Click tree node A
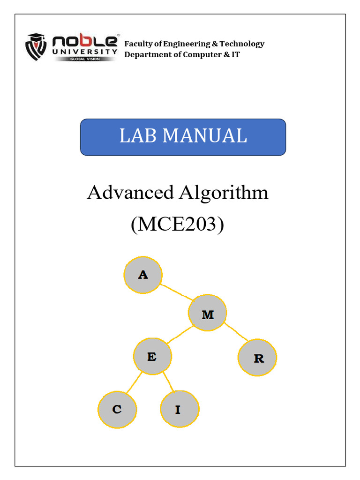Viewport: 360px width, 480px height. coord(143,275)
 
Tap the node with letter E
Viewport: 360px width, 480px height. coord(152,357)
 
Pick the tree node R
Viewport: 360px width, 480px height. coord(258,358)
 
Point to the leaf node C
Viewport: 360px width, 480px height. coord(117,409)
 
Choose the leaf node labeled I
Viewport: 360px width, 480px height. coord(179,409)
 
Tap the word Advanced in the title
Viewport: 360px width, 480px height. coord(127,193)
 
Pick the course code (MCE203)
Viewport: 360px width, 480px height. coord(177,224)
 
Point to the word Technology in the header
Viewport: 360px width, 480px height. coord(242,44)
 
